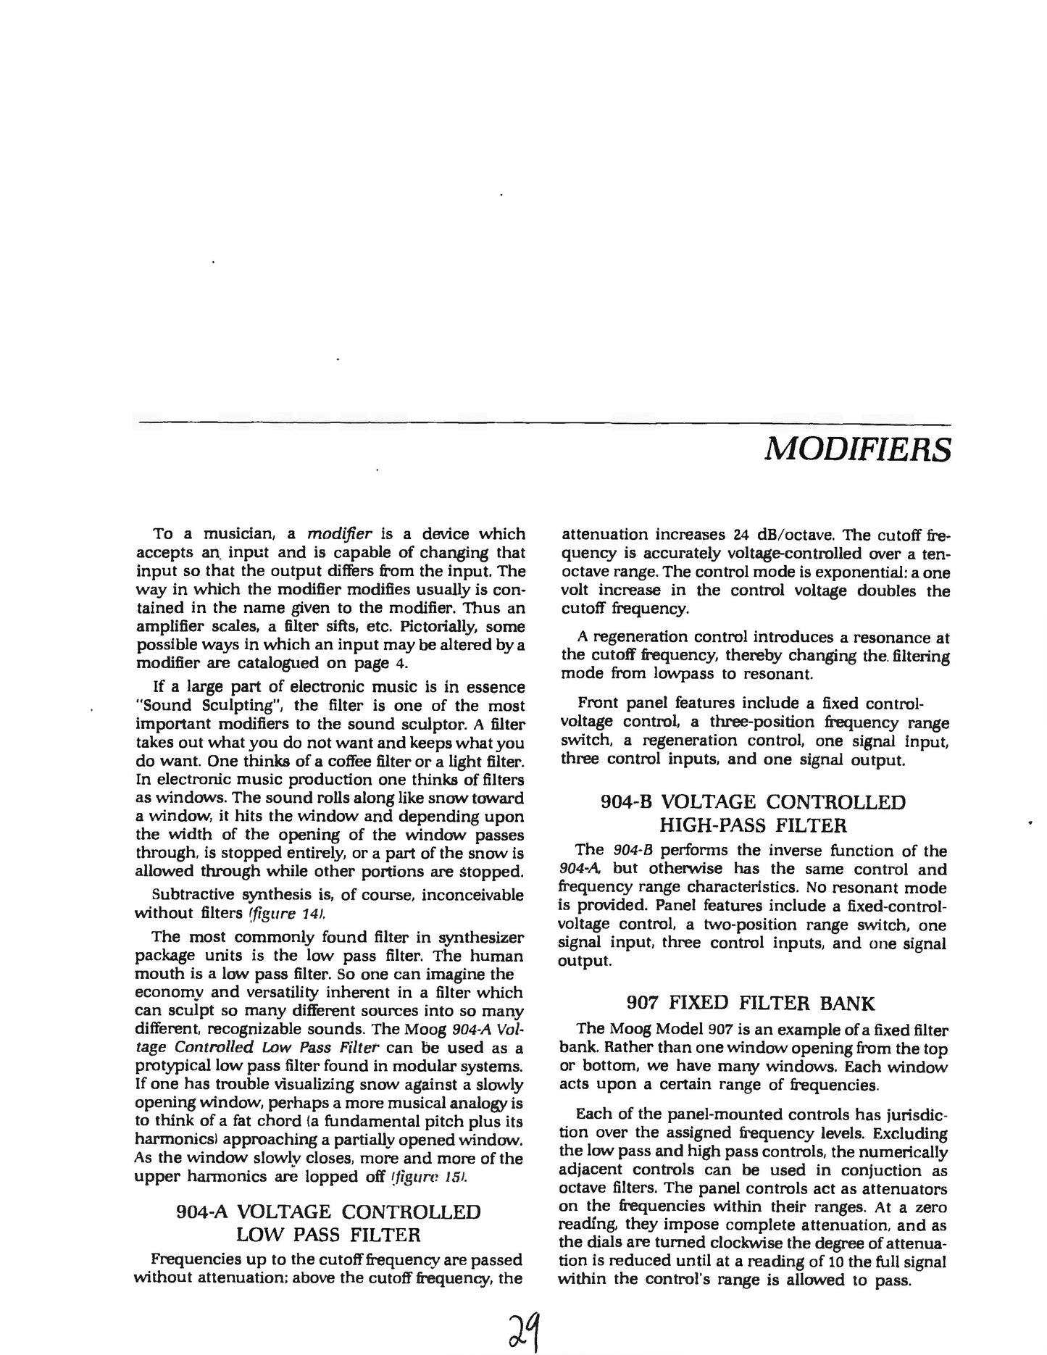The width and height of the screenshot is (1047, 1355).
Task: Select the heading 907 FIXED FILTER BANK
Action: click(x=750, y=1003)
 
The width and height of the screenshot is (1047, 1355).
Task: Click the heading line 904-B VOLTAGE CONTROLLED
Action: click(x=754, y=802)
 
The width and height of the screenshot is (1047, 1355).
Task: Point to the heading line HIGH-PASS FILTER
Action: click(x=754, y=825)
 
